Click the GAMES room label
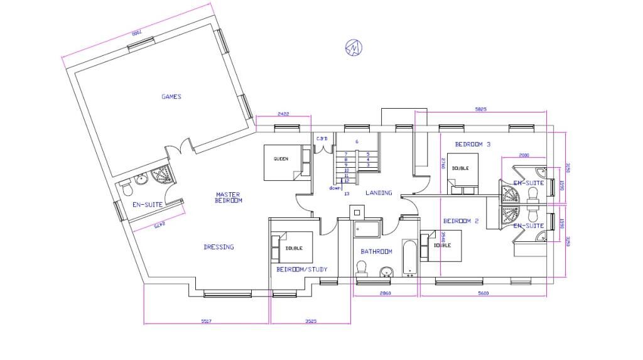click(171, 97)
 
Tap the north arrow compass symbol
click(355, 47)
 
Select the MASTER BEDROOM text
click(229, 197)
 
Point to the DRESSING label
click(219, 247)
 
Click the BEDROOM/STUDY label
click(302, 270)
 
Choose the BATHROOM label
click(376, 251)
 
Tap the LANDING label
click(379, 193)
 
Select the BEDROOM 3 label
click(472, 145)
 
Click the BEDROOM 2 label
click(461, 221)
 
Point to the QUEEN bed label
click(281, 159)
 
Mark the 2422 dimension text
click(283, 114)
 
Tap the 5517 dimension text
click(206, 321)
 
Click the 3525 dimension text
click(310, 321)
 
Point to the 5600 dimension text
click(483, 293)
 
